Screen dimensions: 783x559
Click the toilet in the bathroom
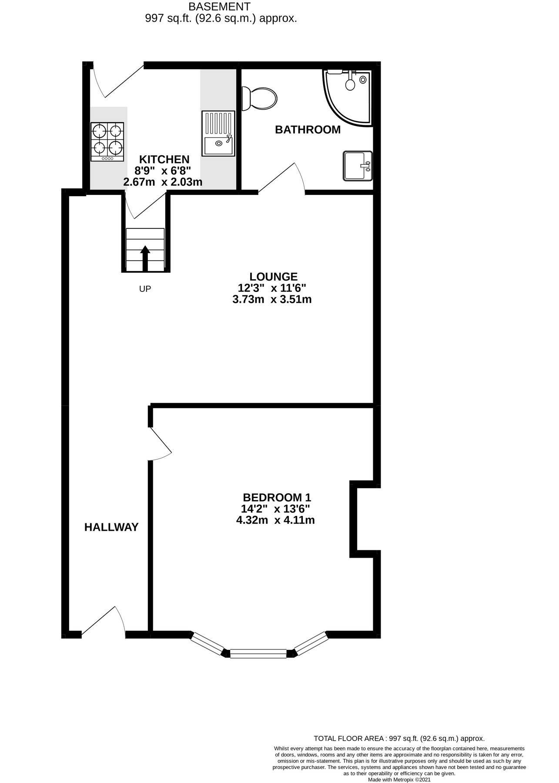260,98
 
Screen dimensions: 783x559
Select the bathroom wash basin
358,166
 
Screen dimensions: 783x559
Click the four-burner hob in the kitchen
107,141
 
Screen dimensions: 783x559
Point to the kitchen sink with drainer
218,134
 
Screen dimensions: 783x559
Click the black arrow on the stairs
145,258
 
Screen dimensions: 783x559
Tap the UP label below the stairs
145,288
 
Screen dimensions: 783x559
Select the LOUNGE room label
273,277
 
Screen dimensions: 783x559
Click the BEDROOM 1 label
277,497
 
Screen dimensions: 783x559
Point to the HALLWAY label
111,527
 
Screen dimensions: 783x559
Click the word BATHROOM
308,130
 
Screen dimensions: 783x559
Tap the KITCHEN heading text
164,159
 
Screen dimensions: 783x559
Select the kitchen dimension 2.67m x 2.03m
163,182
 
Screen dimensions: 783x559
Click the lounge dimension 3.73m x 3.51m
272,299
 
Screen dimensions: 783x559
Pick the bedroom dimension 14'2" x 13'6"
275,509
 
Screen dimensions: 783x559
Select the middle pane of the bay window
258,653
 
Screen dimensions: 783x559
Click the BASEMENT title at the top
219,7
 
